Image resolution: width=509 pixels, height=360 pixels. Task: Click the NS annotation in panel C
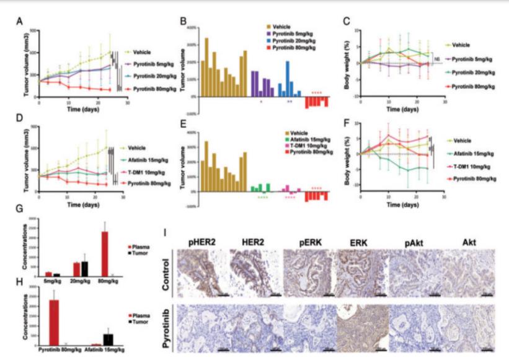pyautogui.click(x=438, y=59)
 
